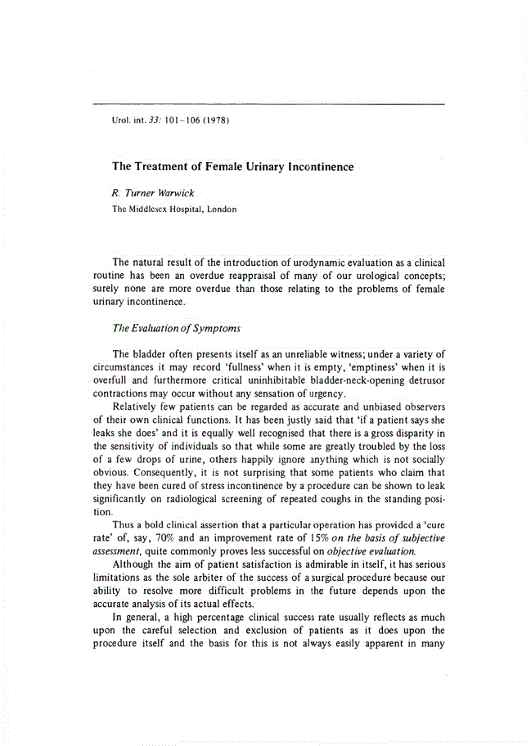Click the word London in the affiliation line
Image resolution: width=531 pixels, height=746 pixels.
click(222, 209)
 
